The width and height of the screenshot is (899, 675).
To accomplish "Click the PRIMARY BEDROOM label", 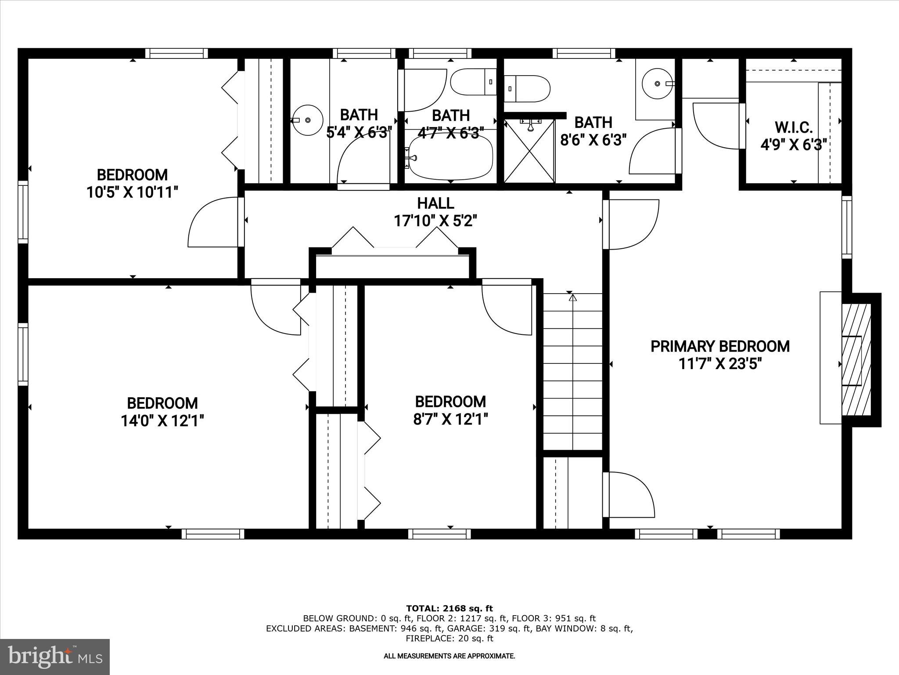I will [720, 346].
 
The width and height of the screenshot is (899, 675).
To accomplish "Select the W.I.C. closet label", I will [794, 128].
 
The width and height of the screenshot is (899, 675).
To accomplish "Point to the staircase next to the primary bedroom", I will [573, 371].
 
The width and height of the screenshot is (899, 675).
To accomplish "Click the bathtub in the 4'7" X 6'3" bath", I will [450, 156].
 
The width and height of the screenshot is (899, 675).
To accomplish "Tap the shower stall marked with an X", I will [529, 152].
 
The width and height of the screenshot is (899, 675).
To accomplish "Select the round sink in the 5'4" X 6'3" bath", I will [307, 120].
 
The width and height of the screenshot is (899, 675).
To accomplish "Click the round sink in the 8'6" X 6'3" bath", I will [657, 83].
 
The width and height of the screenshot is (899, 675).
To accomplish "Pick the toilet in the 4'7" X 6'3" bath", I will [472, 82].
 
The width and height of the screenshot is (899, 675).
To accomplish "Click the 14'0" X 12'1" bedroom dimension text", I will [162, 421].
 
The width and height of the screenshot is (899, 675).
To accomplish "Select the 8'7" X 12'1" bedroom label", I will [450, 402].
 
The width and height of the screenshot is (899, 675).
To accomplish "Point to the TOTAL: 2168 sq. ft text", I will [449, 608].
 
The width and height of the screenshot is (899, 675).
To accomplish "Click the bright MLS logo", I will [55, 657].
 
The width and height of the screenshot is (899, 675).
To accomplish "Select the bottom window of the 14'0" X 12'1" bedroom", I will [213, 533].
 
